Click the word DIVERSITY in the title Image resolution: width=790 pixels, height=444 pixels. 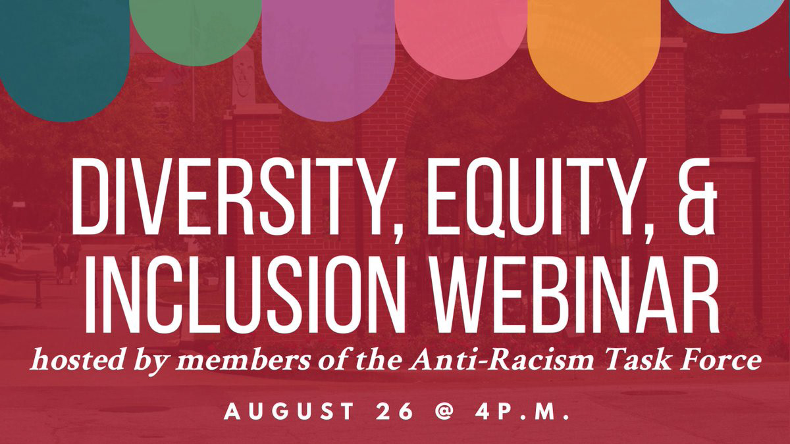point(234,197)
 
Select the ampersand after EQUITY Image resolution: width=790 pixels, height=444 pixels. point(698,197)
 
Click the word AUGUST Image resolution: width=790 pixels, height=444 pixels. point(288,411)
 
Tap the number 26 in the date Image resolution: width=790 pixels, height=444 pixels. point(394,411)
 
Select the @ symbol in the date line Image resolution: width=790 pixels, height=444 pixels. point(444,411)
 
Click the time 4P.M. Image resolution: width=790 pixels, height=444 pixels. point(521,411)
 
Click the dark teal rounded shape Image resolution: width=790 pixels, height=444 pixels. point(65,61)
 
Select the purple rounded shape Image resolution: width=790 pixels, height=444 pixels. point(328,61)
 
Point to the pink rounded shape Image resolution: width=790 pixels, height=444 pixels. point(461,39)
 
